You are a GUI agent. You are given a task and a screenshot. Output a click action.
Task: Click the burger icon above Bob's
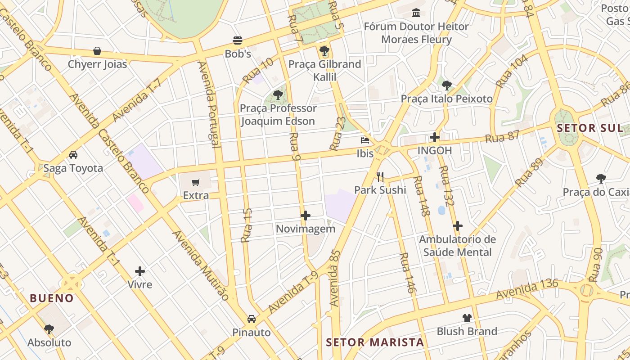pos(238,40)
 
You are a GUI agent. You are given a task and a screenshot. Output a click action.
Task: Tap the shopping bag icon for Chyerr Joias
pos(97,51)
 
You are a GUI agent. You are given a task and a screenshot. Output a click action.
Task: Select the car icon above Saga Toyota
pos(73,155)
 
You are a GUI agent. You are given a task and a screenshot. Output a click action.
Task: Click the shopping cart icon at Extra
pos(196,182)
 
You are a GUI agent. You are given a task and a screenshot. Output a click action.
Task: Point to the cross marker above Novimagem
pos(306,216)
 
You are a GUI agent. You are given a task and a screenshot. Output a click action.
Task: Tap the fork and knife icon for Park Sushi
pos(380,176)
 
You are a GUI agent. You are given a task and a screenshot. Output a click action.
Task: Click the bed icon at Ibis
pos(365,140)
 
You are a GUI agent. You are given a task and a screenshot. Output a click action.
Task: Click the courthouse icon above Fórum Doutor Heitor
pos(416,13)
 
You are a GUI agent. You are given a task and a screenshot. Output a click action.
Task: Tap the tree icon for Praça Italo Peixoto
pos(446,85)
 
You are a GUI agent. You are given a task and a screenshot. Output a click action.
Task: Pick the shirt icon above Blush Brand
pos(467,318)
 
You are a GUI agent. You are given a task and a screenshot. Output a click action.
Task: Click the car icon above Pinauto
pos(252,319)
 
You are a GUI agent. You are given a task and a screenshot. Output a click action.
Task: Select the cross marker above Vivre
pos(140,271)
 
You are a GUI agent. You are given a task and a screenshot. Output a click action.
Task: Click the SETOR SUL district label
pos(589,128)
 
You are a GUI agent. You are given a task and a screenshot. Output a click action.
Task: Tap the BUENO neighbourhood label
pos(52,298)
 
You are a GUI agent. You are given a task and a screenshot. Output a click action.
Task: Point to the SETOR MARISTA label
pos(375,342)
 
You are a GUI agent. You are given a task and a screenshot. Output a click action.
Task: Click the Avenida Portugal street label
pos(210,104)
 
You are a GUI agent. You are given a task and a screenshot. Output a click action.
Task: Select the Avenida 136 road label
pos(527,289)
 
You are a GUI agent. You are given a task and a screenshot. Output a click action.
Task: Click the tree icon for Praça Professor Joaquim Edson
pos(278,95)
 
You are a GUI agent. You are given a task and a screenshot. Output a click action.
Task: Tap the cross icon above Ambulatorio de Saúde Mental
pos(458,225)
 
